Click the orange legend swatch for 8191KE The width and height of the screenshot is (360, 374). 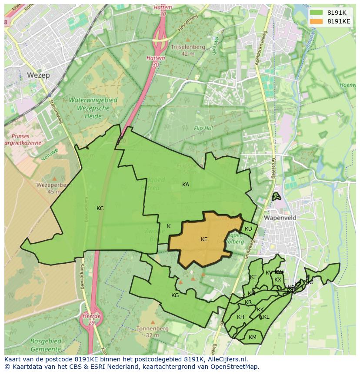317,21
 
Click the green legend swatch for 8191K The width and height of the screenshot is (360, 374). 317,13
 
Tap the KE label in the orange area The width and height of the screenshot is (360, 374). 204,239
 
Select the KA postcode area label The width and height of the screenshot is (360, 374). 186,185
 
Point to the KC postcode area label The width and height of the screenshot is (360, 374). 100,209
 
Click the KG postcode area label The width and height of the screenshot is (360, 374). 175,295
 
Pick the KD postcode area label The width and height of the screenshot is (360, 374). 248,229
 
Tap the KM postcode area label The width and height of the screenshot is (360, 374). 253,338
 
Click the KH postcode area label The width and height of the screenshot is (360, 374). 240,317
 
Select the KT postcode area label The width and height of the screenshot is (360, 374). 253,277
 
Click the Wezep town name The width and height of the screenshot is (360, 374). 38,75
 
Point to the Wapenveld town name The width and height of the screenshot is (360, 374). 280,218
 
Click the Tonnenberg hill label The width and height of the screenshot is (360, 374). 152,329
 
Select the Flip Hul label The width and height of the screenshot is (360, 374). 203,129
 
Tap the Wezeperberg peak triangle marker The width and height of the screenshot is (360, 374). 54,179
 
